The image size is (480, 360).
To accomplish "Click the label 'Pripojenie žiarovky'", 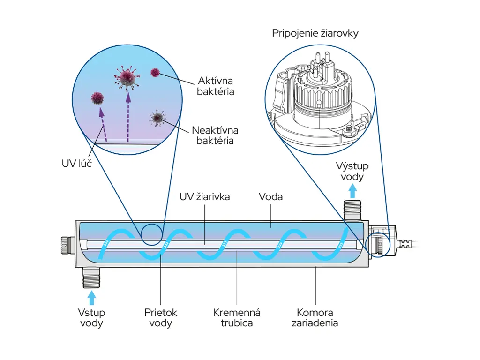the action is pyautogui.click(x=315, y=33).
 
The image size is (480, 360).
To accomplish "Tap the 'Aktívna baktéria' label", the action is pyautogui.click(x=215, y=86).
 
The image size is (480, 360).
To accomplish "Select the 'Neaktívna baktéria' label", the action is pyautogui.click(x=215, y=135).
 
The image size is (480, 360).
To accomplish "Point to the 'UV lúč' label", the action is pyautogui.click(x=76, y=164).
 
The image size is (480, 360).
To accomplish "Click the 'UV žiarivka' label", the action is pyautogui.click(x=204, y=196).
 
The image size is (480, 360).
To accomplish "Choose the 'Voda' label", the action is pyautogui.click(x=270, y=196).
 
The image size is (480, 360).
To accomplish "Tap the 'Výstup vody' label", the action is pyautogui.click(x=352, y=172).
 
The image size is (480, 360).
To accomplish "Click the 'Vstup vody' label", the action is pyautogui.click(x=91, y=318).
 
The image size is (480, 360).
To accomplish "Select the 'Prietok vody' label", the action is pyautogui.click(x=160, y=318).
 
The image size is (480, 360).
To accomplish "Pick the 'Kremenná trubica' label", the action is pyautogui.click(x=237, y=318).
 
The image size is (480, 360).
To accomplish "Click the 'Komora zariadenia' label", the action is pyautogui.click(x=315, y=318).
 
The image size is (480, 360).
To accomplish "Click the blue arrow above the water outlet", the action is pyautogui.click(x=352, y=191).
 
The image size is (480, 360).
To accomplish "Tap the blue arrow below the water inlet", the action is pyautogui.click(x=91, y=298).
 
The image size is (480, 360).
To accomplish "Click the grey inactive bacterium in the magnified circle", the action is pyautogui.click(x=157, y=118).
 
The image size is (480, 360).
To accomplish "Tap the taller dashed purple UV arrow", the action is pyautogui.click(x=128, y=118).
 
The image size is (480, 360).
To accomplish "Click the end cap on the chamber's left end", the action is pyautogui.click(x=67, y=245).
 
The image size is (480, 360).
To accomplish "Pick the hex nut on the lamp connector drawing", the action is pyautogui.click(x=349, y=131).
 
